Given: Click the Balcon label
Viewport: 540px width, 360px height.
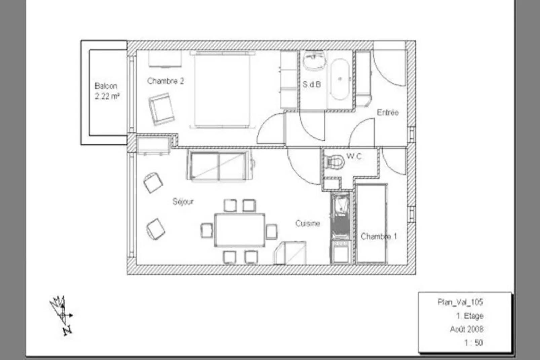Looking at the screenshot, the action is pos(106,86).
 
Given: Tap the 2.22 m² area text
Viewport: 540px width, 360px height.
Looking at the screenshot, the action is pos(107,96).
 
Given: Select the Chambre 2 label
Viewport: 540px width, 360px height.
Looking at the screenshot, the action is pos(165,81).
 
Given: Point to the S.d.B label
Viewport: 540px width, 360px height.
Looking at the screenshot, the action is pos(312,84).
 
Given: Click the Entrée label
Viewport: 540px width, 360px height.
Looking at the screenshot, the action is pos(388,112).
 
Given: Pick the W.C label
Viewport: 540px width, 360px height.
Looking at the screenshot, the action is pos(354,156).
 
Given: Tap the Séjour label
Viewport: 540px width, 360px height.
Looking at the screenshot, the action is pos(183,201).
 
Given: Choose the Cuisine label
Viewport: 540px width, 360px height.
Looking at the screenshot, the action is pos(308,223).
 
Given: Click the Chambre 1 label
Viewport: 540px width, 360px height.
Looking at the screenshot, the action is pos(379,236).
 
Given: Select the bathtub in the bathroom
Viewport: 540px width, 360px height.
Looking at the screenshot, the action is pos(340,79).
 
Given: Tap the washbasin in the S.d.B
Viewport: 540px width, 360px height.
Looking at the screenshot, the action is pos(315,61).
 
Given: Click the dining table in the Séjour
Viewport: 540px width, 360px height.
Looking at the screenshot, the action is pos(239,230).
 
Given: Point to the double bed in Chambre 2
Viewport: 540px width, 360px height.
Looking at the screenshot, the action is pos(222,89).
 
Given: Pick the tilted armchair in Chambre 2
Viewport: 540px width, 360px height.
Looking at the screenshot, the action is pos(161,109).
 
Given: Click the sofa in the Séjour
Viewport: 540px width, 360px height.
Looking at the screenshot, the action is pos(220,166).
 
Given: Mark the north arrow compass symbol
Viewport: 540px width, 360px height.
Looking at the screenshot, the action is pos(62,315).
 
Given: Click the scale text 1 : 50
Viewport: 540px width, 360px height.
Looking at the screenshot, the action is pos(473,343).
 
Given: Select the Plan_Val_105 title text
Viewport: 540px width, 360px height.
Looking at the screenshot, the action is pos(460,302).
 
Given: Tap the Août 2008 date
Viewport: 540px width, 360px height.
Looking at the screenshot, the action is pos(466,329).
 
